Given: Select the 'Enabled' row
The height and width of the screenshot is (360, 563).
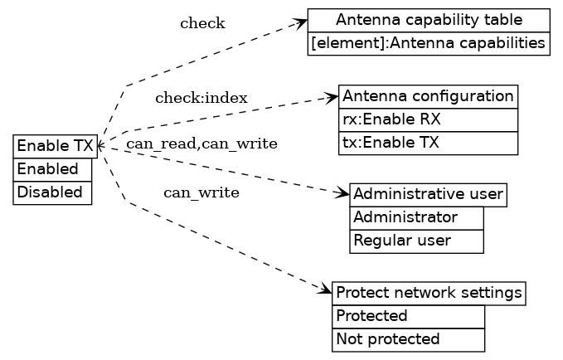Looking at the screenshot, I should pyautogui.click(x=52, y=169).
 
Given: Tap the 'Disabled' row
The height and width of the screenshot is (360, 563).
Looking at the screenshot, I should pyautogui.click(x=52, y=192).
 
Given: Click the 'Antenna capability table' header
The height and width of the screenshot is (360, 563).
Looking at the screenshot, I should pyautogui.click(x=429, y=20).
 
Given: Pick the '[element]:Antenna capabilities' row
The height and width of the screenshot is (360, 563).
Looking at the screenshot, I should pyautogui.click(x=429, y=43).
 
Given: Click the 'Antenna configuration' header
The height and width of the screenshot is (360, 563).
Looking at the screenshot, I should pyautogui.click(x=428, y=96).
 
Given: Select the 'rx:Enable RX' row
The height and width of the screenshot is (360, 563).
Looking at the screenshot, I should pyautogui.click(x=428, y=119).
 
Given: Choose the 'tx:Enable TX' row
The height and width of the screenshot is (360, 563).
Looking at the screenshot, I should pyautogui.click(x=428, y=143).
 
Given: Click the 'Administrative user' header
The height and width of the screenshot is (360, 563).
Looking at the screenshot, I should pyautogui.click(x=428, y=195).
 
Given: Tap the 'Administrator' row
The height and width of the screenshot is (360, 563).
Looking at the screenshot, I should pyautogui.click(x=416, y=217).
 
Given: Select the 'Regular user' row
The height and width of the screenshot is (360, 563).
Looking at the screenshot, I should pyautogui.click(x=416, y=241).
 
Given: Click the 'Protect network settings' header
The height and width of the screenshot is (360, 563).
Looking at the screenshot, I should pyautogui.click(x=429, y=293).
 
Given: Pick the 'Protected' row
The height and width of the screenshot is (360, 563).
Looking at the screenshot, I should pyautogui.click(x=408, y=316).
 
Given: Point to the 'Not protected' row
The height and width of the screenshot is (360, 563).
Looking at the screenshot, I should pyautogui.click(x=408, y=339).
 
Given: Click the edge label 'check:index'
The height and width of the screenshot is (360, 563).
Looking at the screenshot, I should pyautogui.click(x=201, y=99).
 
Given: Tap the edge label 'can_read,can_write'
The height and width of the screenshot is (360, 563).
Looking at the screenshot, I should pyautogui.click(x=201, y=144).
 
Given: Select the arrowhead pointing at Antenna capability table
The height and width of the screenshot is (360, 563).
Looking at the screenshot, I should pyautogui.click(x=302, y=22).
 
